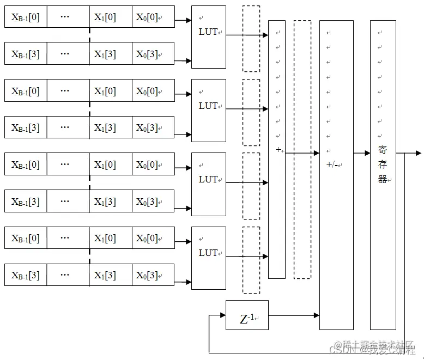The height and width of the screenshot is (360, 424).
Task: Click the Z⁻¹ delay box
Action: [247, 315]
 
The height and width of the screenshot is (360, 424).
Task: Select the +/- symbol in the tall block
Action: [331, 164]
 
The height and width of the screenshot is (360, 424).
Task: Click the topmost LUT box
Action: [208, 36]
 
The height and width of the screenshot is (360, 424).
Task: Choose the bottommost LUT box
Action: [208, 258]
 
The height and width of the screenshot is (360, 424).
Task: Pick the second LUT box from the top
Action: [208, 110]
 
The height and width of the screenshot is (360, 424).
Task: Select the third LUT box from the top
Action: [208, 184]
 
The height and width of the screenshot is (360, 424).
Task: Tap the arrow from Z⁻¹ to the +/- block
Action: [294, 315]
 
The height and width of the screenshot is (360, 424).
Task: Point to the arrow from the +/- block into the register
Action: [362, 154]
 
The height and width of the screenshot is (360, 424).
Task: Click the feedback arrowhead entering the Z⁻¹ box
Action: [222, 315]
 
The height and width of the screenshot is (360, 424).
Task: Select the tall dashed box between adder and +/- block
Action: [302, 150]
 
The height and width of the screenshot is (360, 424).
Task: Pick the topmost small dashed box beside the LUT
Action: [251, 39]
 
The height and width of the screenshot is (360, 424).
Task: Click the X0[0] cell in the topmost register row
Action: [153, 17]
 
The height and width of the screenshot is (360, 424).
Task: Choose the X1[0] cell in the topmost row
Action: [111, 17]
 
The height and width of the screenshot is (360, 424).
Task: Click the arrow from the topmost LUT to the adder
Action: [247, 35]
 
